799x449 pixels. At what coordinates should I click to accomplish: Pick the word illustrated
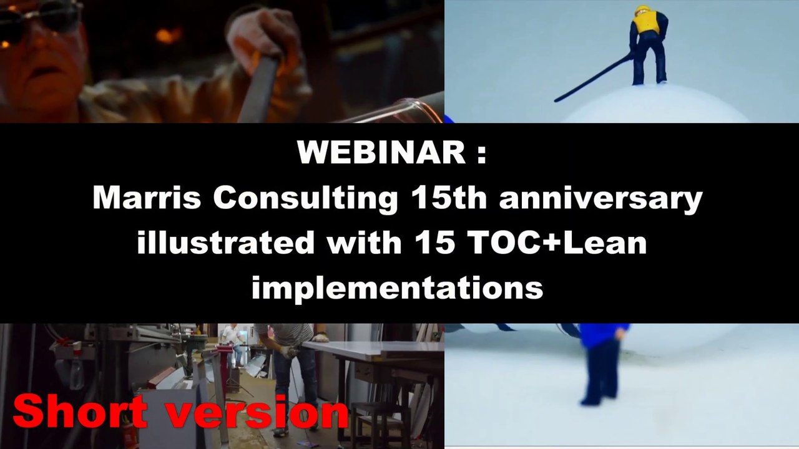click(225, 243)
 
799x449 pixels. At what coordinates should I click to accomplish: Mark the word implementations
click(397, 287)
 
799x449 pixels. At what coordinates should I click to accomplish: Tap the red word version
click(262, 412)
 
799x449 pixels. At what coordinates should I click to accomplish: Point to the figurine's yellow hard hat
click(643, 9)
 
